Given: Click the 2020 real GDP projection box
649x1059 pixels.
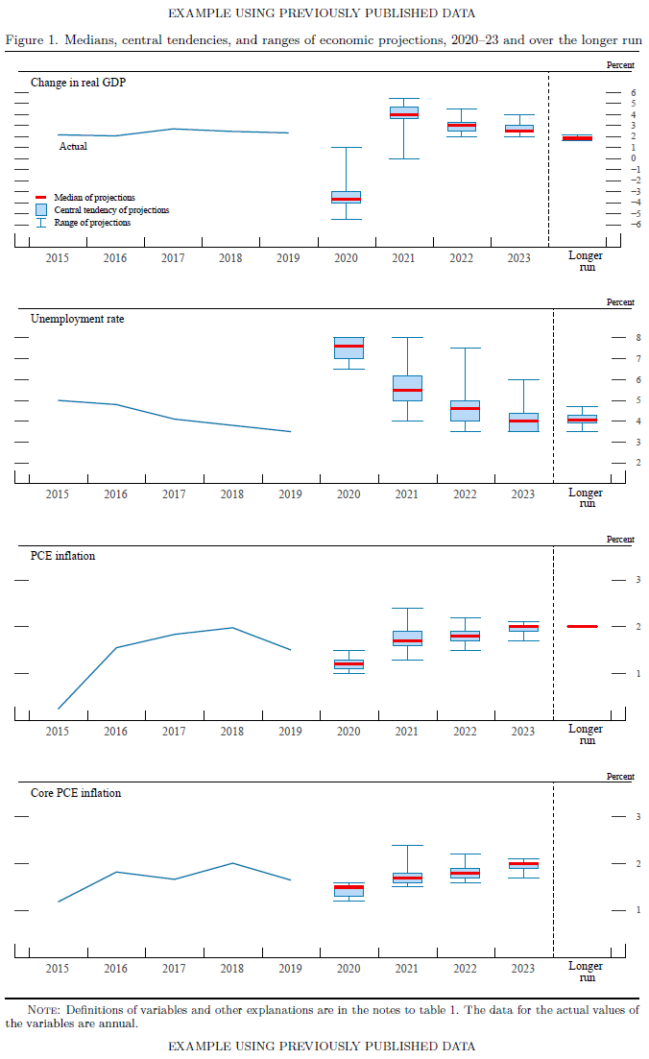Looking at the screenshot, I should point(347,197).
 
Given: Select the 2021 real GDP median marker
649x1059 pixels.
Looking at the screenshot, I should point(404,114).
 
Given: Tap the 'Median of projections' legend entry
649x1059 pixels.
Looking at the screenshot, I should point(94,197).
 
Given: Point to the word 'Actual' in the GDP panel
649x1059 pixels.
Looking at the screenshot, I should point(73,147).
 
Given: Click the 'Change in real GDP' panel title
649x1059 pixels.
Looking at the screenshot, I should point(78,83).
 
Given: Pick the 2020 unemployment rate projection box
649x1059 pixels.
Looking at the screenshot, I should point(348,348).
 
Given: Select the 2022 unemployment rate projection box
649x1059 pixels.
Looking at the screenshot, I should point(465,411).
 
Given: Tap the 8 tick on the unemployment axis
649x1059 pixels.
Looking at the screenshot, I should point(625,338).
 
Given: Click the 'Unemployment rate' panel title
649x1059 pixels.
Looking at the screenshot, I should point(77,319).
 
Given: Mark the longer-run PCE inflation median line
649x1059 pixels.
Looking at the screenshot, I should point(582,626).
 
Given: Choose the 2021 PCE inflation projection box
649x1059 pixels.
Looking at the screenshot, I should point(407,638).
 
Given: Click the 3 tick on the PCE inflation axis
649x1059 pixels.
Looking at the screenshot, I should point(625,579).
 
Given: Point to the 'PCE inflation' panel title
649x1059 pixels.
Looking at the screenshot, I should point(62,556).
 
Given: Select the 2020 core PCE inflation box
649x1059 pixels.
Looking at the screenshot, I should point(349,889).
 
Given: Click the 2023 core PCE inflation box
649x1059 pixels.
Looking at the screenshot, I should point(523,865).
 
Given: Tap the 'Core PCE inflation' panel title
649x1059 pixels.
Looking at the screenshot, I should point(75,793).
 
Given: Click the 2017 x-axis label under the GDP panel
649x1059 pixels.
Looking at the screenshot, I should point(173,258).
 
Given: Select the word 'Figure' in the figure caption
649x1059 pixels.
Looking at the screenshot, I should point(25,39).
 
